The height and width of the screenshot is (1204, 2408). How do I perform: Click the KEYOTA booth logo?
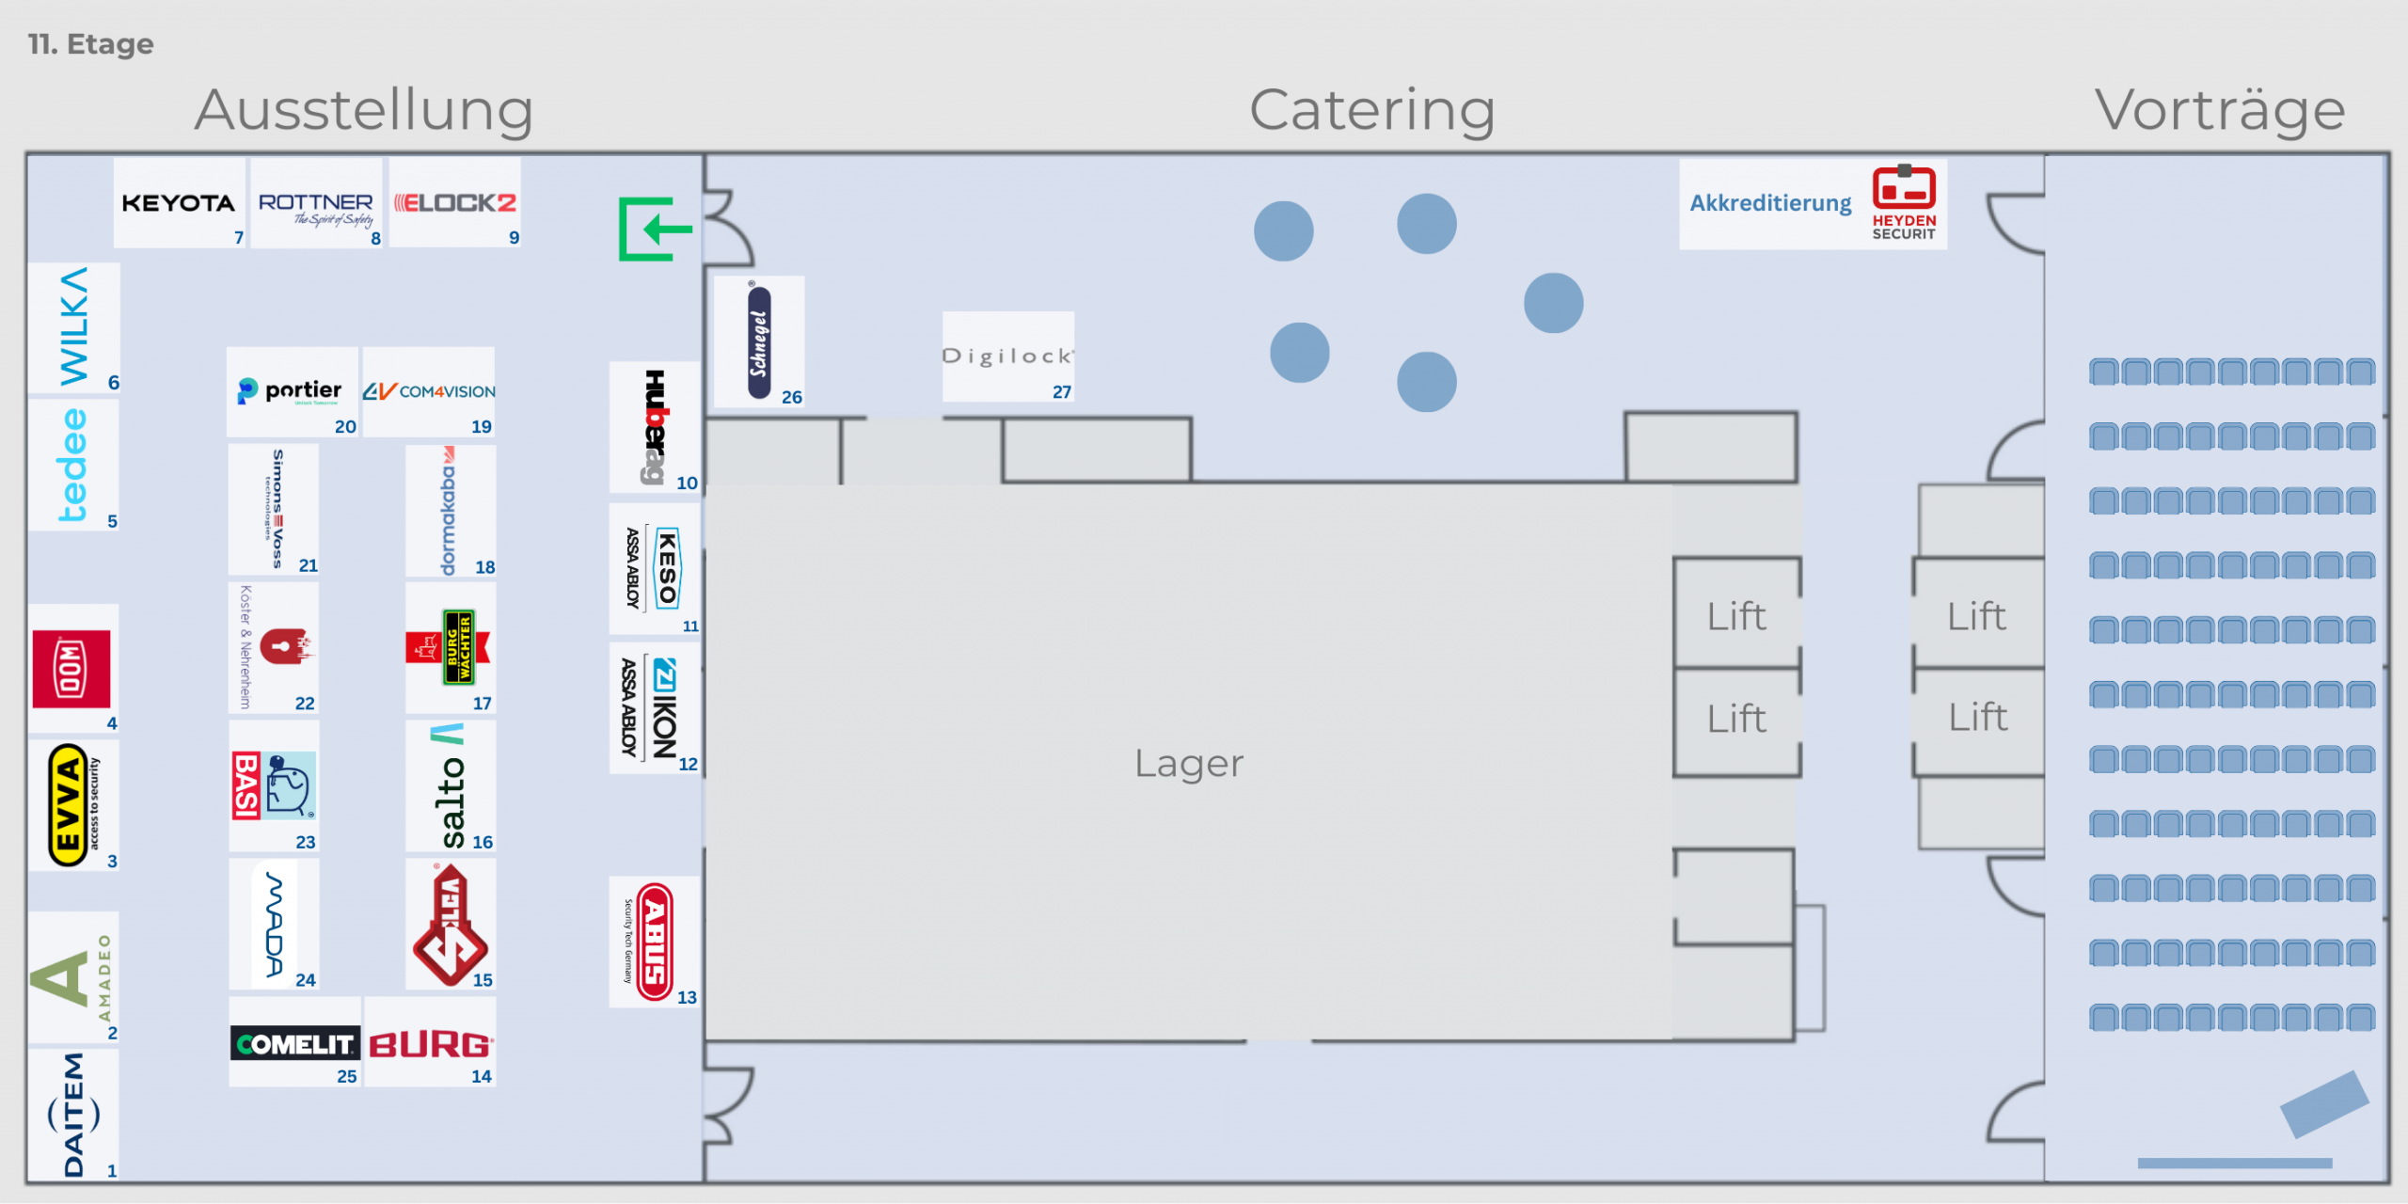pos(178,203)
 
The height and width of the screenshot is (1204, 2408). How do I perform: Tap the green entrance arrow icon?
pos(654,229)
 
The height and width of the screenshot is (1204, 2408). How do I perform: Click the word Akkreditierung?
pos(1769,203)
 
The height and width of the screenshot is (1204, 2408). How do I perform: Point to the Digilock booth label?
pos(1006,356)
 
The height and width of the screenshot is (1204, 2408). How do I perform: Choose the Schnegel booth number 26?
pos(791,397)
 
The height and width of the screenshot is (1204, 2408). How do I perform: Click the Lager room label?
pos(1188,763)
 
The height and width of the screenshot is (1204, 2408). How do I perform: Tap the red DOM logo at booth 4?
pos(71,670)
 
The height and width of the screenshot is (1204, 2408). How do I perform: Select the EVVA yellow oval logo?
pos(68,805)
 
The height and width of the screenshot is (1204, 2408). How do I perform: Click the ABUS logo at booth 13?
pos(655,942)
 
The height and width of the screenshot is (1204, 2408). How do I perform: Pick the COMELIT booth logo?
pos(294,1044)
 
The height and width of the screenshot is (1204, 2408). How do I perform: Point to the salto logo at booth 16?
pos(451,787)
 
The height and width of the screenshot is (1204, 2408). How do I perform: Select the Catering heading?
pos(1371,111)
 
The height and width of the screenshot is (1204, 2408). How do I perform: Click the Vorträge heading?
pos(2219,111)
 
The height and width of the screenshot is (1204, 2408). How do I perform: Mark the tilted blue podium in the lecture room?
pos(2323,1103)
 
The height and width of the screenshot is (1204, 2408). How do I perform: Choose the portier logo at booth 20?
pos(291,390)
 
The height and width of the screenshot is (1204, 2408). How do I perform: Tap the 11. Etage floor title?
pos(90,44)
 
